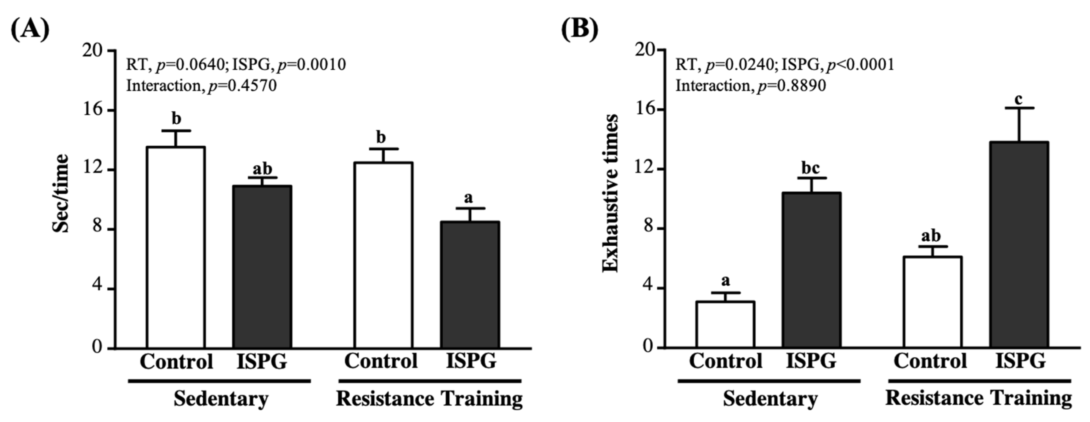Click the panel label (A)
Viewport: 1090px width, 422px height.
[30, 29]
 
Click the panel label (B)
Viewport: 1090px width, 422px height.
[579, 29]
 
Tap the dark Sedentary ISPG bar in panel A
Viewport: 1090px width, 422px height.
[262, 267]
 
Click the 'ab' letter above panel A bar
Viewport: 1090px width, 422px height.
[262, 169]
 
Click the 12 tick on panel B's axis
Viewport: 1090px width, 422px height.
[645, 169]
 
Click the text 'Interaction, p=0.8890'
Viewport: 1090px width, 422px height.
[751, 85]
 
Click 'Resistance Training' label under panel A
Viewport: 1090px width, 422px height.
[429, 399]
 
